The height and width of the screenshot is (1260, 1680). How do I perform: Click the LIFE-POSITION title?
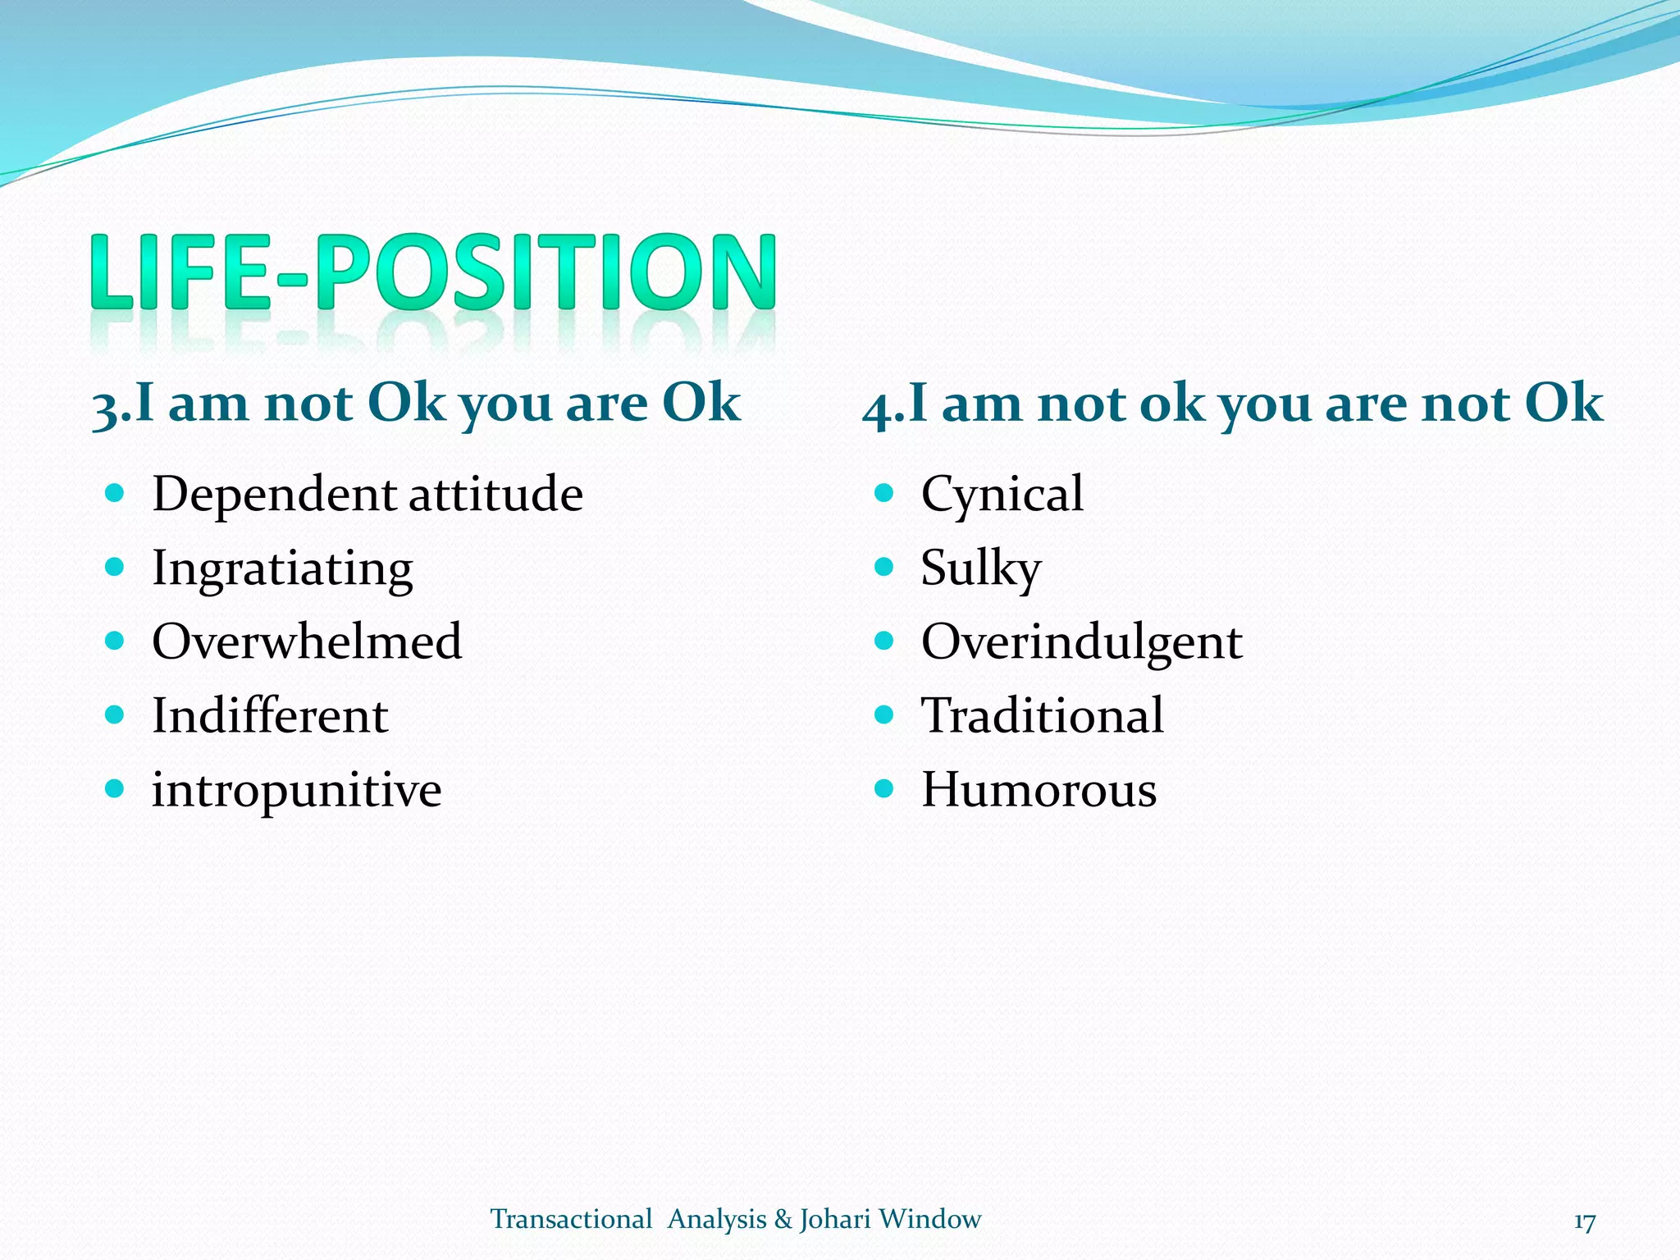432,272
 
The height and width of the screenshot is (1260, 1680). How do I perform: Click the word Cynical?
1002,495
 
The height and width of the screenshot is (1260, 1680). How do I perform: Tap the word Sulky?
980,568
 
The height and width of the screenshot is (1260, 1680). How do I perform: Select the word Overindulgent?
1081,642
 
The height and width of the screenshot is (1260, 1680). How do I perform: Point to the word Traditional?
1042,715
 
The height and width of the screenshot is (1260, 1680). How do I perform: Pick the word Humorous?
1039,790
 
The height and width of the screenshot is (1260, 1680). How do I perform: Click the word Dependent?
275,495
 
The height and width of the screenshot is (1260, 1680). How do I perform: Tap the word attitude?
495,495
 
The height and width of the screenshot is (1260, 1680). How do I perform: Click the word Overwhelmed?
307,641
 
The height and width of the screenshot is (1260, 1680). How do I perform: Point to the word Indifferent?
270,715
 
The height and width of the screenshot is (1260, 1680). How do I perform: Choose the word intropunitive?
296,791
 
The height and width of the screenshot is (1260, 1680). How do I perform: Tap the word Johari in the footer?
834,1220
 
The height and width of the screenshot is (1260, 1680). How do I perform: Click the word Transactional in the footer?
571,1219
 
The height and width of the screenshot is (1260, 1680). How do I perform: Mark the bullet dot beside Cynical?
883,493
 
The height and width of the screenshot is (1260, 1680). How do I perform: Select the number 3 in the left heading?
105,407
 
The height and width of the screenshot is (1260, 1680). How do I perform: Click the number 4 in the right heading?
876,407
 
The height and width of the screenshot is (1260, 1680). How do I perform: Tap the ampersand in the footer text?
783,1219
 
